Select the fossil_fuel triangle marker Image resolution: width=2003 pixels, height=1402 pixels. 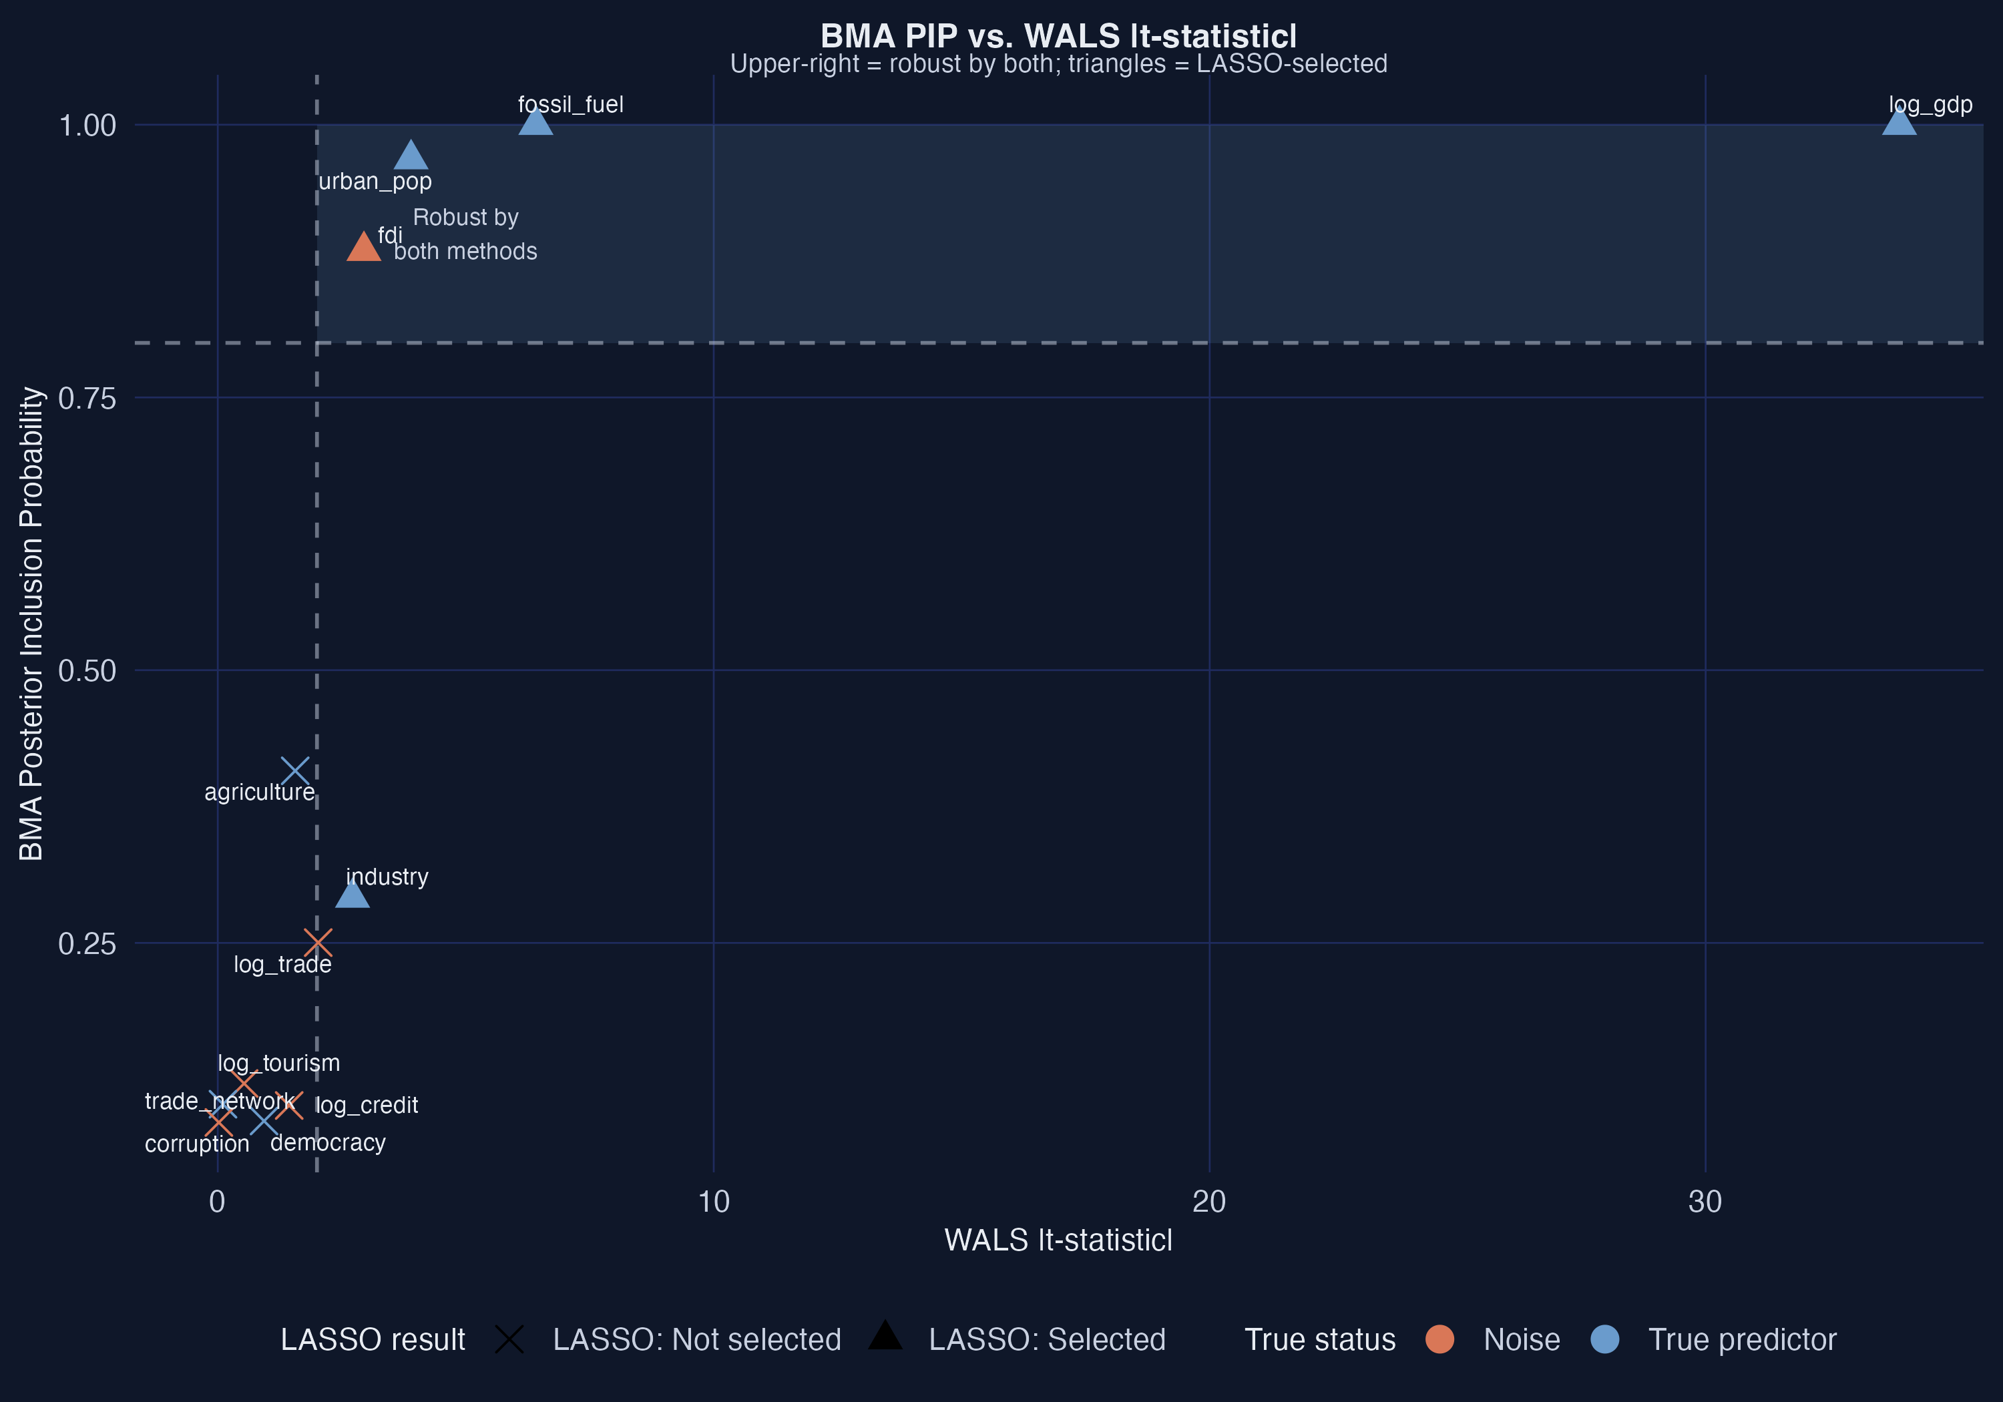pyautogui.click(x=535, y=122)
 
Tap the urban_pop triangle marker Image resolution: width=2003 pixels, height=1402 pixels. pyautogui.click(x=410, y=156)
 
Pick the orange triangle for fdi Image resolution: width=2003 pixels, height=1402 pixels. pyautogui.click(x=363, y=248)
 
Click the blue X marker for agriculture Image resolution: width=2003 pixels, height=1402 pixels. pyautogui.click(x=296, y=771)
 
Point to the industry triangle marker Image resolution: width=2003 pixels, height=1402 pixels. pyautogui.click(x=352, y=894)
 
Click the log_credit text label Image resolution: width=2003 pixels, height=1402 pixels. pyautogui.click(x=367, y=1106)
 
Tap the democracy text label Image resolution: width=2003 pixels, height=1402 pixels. pyautogui.click(x=328, y=1143)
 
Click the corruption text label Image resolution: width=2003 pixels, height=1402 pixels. pyautogui.click(x=197, y=1144)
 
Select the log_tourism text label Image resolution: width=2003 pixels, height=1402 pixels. pyautogui.click(x=278, y=1063)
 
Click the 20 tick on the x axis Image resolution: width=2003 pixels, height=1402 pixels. pyautogui.click(x=1209, y=1202)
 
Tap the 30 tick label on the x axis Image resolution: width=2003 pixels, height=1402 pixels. pyautogui.click(x=1705, y=1202)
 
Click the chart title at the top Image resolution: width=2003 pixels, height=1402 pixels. pyautogui.click(x=1058, y=36)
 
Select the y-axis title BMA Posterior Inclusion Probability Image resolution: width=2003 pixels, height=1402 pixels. pyautogui.click(x=31, y=623)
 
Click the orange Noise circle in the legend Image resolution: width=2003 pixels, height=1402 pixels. pyautogui.click(x=1439, y=1339)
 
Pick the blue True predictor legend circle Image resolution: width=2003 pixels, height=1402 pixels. pyautogui.click(x=1604, y=1339)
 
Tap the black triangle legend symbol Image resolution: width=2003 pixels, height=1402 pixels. pyautogui.click(x=885, y=1336)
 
